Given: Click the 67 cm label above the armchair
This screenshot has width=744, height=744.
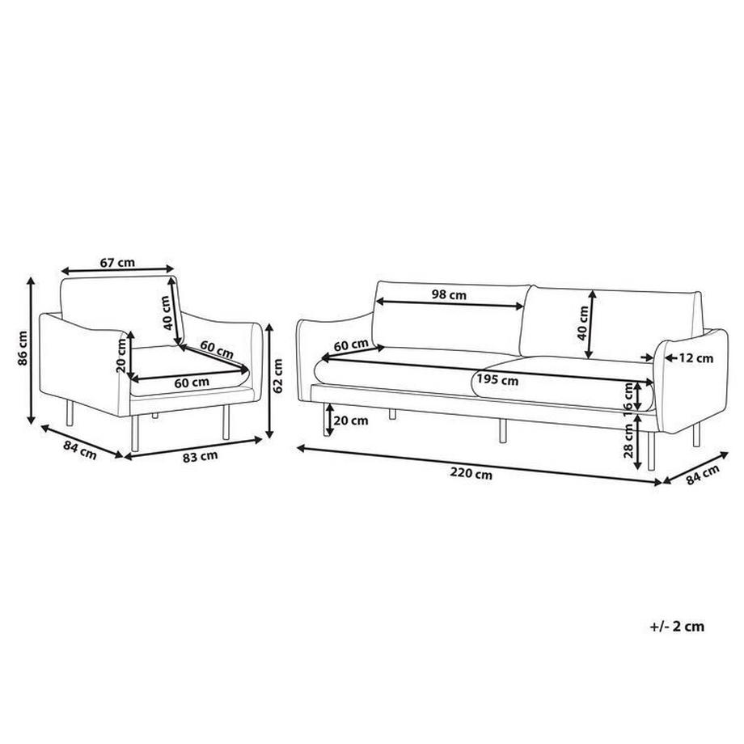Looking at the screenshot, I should (117, 262).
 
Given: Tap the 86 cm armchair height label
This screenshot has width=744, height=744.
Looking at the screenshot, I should (24, 349).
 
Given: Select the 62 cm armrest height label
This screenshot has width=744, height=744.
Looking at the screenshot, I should (279, 374).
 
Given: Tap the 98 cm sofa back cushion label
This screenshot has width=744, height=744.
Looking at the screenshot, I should (449, 295).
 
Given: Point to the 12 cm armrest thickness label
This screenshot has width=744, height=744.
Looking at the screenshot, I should (696, 357).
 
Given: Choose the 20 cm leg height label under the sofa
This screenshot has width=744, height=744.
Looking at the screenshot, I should (349, 420).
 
